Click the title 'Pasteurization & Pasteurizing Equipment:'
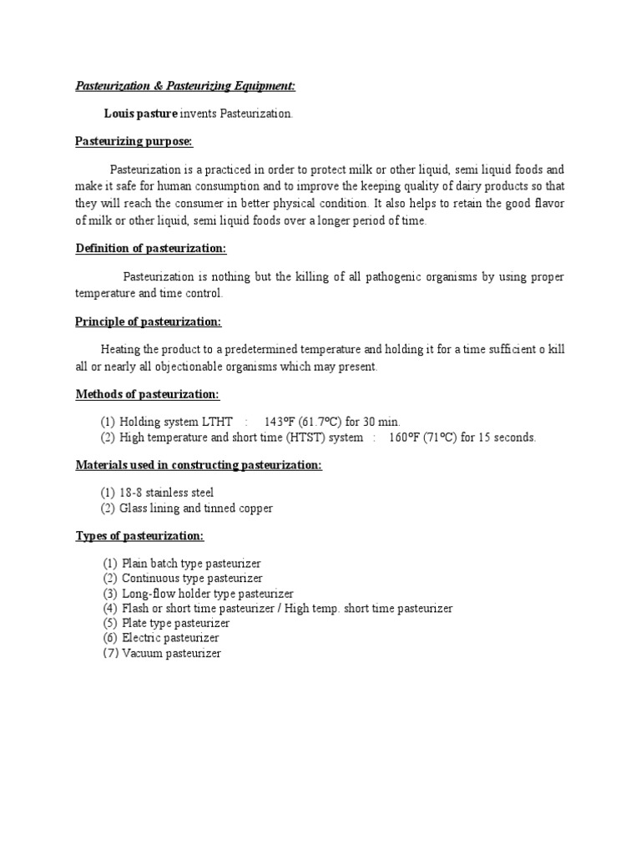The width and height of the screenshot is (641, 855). [x=185, y=86]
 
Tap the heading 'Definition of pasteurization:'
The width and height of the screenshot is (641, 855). [x=151, y=249]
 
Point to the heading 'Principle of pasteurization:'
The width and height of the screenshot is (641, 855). [x=149, y=321]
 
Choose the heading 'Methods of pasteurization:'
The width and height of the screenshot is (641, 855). [x=147, y=393]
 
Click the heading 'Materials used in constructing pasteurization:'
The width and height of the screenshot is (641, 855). [x=199, y=465]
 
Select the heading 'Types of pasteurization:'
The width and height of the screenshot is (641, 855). [x=139, y=535]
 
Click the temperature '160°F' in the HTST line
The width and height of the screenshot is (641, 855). [x=406, y=438]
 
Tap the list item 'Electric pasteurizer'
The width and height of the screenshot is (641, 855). [x=170, y=638]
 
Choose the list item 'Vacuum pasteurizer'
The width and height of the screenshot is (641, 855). [x=171, y=654]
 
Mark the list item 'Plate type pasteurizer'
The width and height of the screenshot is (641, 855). [x=175, y=623]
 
